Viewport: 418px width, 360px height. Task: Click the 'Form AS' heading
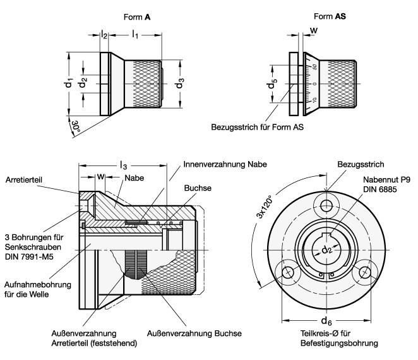point(323,19)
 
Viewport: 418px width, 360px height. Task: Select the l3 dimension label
point(122,165)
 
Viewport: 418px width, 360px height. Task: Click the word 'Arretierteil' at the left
point(24,180)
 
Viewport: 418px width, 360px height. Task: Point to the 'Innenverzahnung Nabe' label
point(225,164)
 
